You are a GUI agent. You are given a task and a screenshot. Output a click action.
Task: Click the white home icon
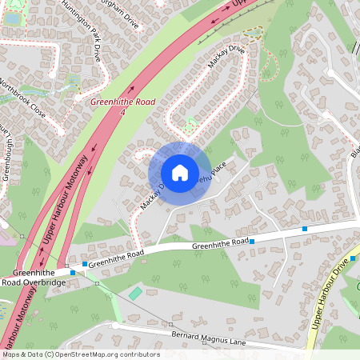pos(179,172)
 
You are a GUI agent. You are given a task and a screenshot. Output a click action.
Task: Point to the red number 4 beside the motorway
pos(122,113)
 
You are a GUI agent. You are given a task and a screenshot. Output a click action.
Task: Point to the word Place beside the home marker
pos(220,168)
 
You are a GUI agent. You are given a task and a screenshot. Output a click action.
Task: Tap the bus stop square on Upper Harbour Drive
pos(352,260)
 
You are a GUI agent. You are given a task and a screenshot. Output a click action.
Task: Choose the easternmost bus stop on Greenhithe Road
pos(304,230)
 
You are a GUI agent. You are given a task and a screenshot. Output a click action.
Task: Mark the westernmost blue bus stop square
pos(73,273)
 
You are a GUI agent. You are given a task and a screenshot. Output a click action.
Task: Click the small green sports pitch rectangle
pos(135,294)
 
